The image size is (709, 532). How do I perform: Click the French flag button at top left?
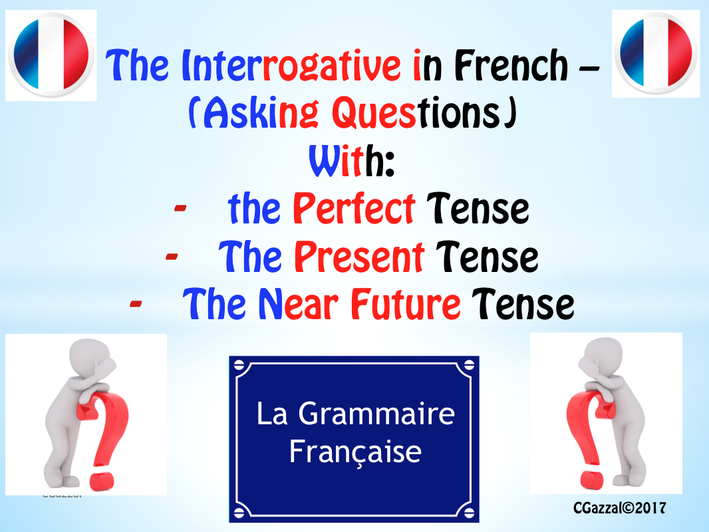click(x=51, y=55)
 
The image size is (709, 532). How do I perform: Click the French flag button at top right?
click(x=656, y=53)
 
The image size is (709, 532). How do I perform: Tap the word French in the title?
click(x=511, y=66)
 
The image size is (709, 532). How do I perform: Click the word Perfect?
click(x=354, y=209)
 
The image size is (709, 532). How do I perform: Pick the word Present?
click(x=359, y=257)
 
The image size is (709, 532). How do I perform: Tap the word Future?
click(x=406, y=304)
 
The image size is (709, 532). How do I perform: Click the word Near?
click(x=298, y=304)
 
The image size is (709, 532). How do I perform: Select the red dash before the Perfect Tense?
click(x=180, y=208)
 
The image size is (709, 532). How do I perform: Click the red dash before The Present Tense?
click(x=172, y=257)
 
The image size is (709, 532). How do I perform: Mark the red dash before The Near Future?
click(x=136, y=304)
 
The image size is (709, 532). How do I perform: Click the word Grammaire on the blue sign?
click(x=376, y=414)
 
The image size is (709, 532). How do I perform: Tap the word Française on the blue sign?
click(x=355, y=452)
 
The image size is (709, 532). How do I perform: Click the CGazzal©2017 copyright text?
click(x=619, y=508)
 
